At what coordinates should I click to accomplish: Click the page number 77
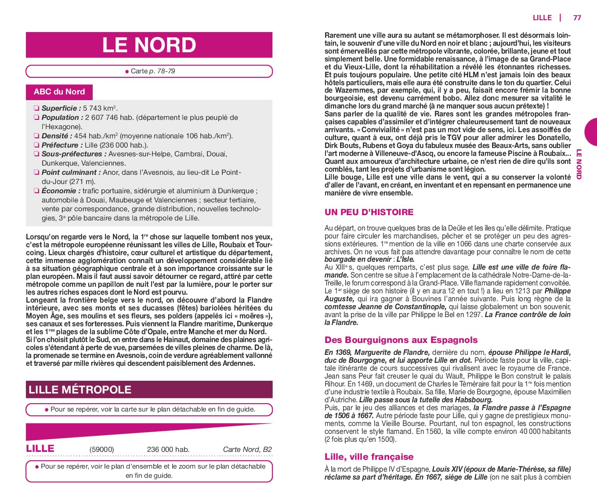click(x=577, y=18)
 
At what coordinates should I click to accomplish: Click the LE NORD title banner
click(x=149, y=45)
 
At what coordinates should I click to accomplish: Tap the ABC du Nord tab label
click(x=59, y=92)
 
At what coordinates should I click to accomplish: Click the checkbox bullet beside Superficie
click(x=36, y=108)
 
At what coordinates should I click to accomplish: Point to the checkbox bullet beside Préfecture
click(x=36, y=145)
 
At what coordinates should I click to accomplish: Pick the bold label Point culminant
click(x=69, y=173)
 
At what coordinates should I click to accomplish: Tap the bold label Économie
click(x=61, y=191)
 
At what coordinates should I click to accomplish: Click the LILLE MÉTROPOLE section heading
click(x=80, y=390)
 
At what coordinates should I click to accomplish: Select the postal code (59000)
click(x=101, y=449)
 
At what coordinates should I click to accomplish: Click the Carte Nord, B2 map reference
click(x=247, y=449)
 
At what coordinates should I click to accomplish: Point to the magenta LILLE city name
click(x=40, y=448)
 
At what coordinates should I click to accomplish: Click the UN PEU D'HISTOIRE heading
click(x=369, y=212)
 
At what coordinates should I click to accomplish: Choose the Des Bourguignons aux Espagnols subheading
click(x=401, y=340)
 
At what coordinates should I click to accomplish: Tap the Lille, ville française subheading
click(x=369, y=457)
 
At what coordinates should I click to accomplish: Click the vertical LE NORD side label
click(x=579, y=164)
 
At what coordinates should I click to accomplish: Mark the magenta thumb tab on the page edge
click(x=591, y=132)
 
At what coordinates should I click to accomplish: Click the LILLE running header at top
click(x=542, y=18)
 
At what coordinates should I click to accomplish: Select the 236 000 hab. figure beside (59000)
click(x=168, y=449)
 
